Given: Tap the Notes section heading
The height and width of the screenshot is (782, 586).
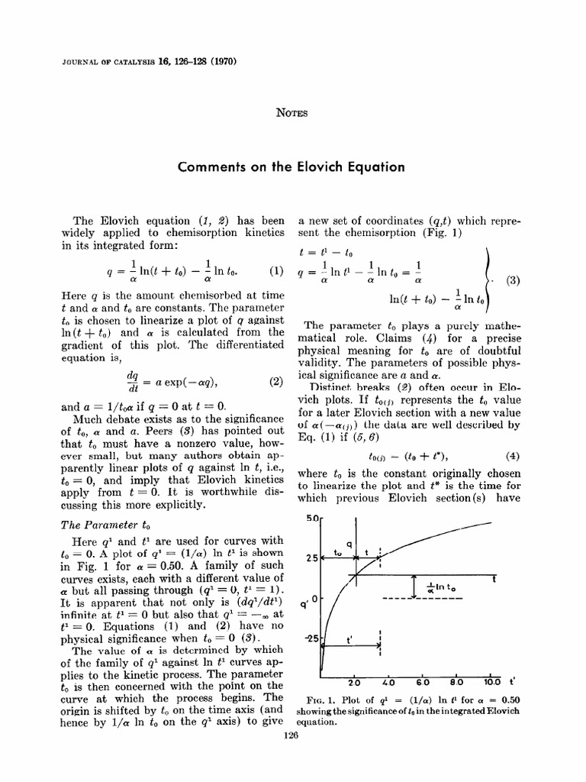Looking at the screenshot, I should (x=292, y=113).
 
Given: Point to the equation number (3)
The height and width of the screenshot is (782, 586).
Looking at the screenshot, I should (x=514, y=280).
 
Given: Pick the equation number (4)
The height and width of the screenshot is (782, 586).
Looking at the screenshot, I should (x=513, y=457).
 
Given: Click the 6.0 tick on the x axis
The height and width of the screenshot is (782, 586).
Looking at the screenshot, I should (x=423, y=682).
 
